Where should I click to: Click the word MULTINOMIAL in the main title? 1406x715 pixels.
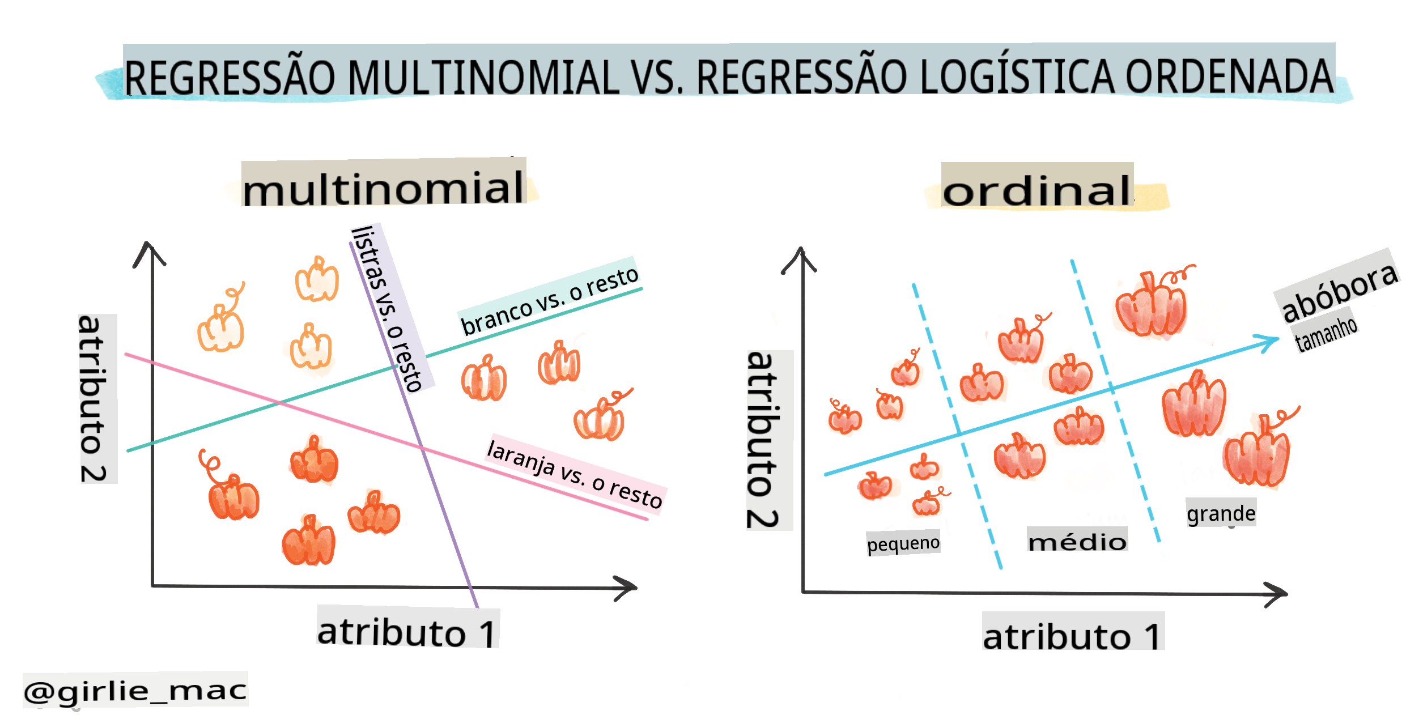(x=483, y=76)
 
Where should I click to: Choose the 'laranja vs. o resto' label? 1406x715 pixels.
(x=575, y=474)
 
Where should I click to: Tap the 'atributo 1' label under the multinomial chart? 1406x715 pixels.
(x=407, y=631)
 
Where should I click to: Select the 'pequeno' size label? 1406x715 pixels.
(x=903, y=543)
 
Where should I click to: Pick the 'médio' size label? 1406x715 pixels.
(x=1077, y=542)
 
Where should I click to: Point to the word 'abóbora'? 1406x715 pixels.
(x=1340, y=291)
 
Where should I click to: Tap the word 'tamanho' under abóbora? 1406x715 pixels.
(x=1326, y=334)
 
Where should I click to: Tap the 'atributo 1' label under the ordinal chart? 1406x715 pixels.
(x=1073, y=636)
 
